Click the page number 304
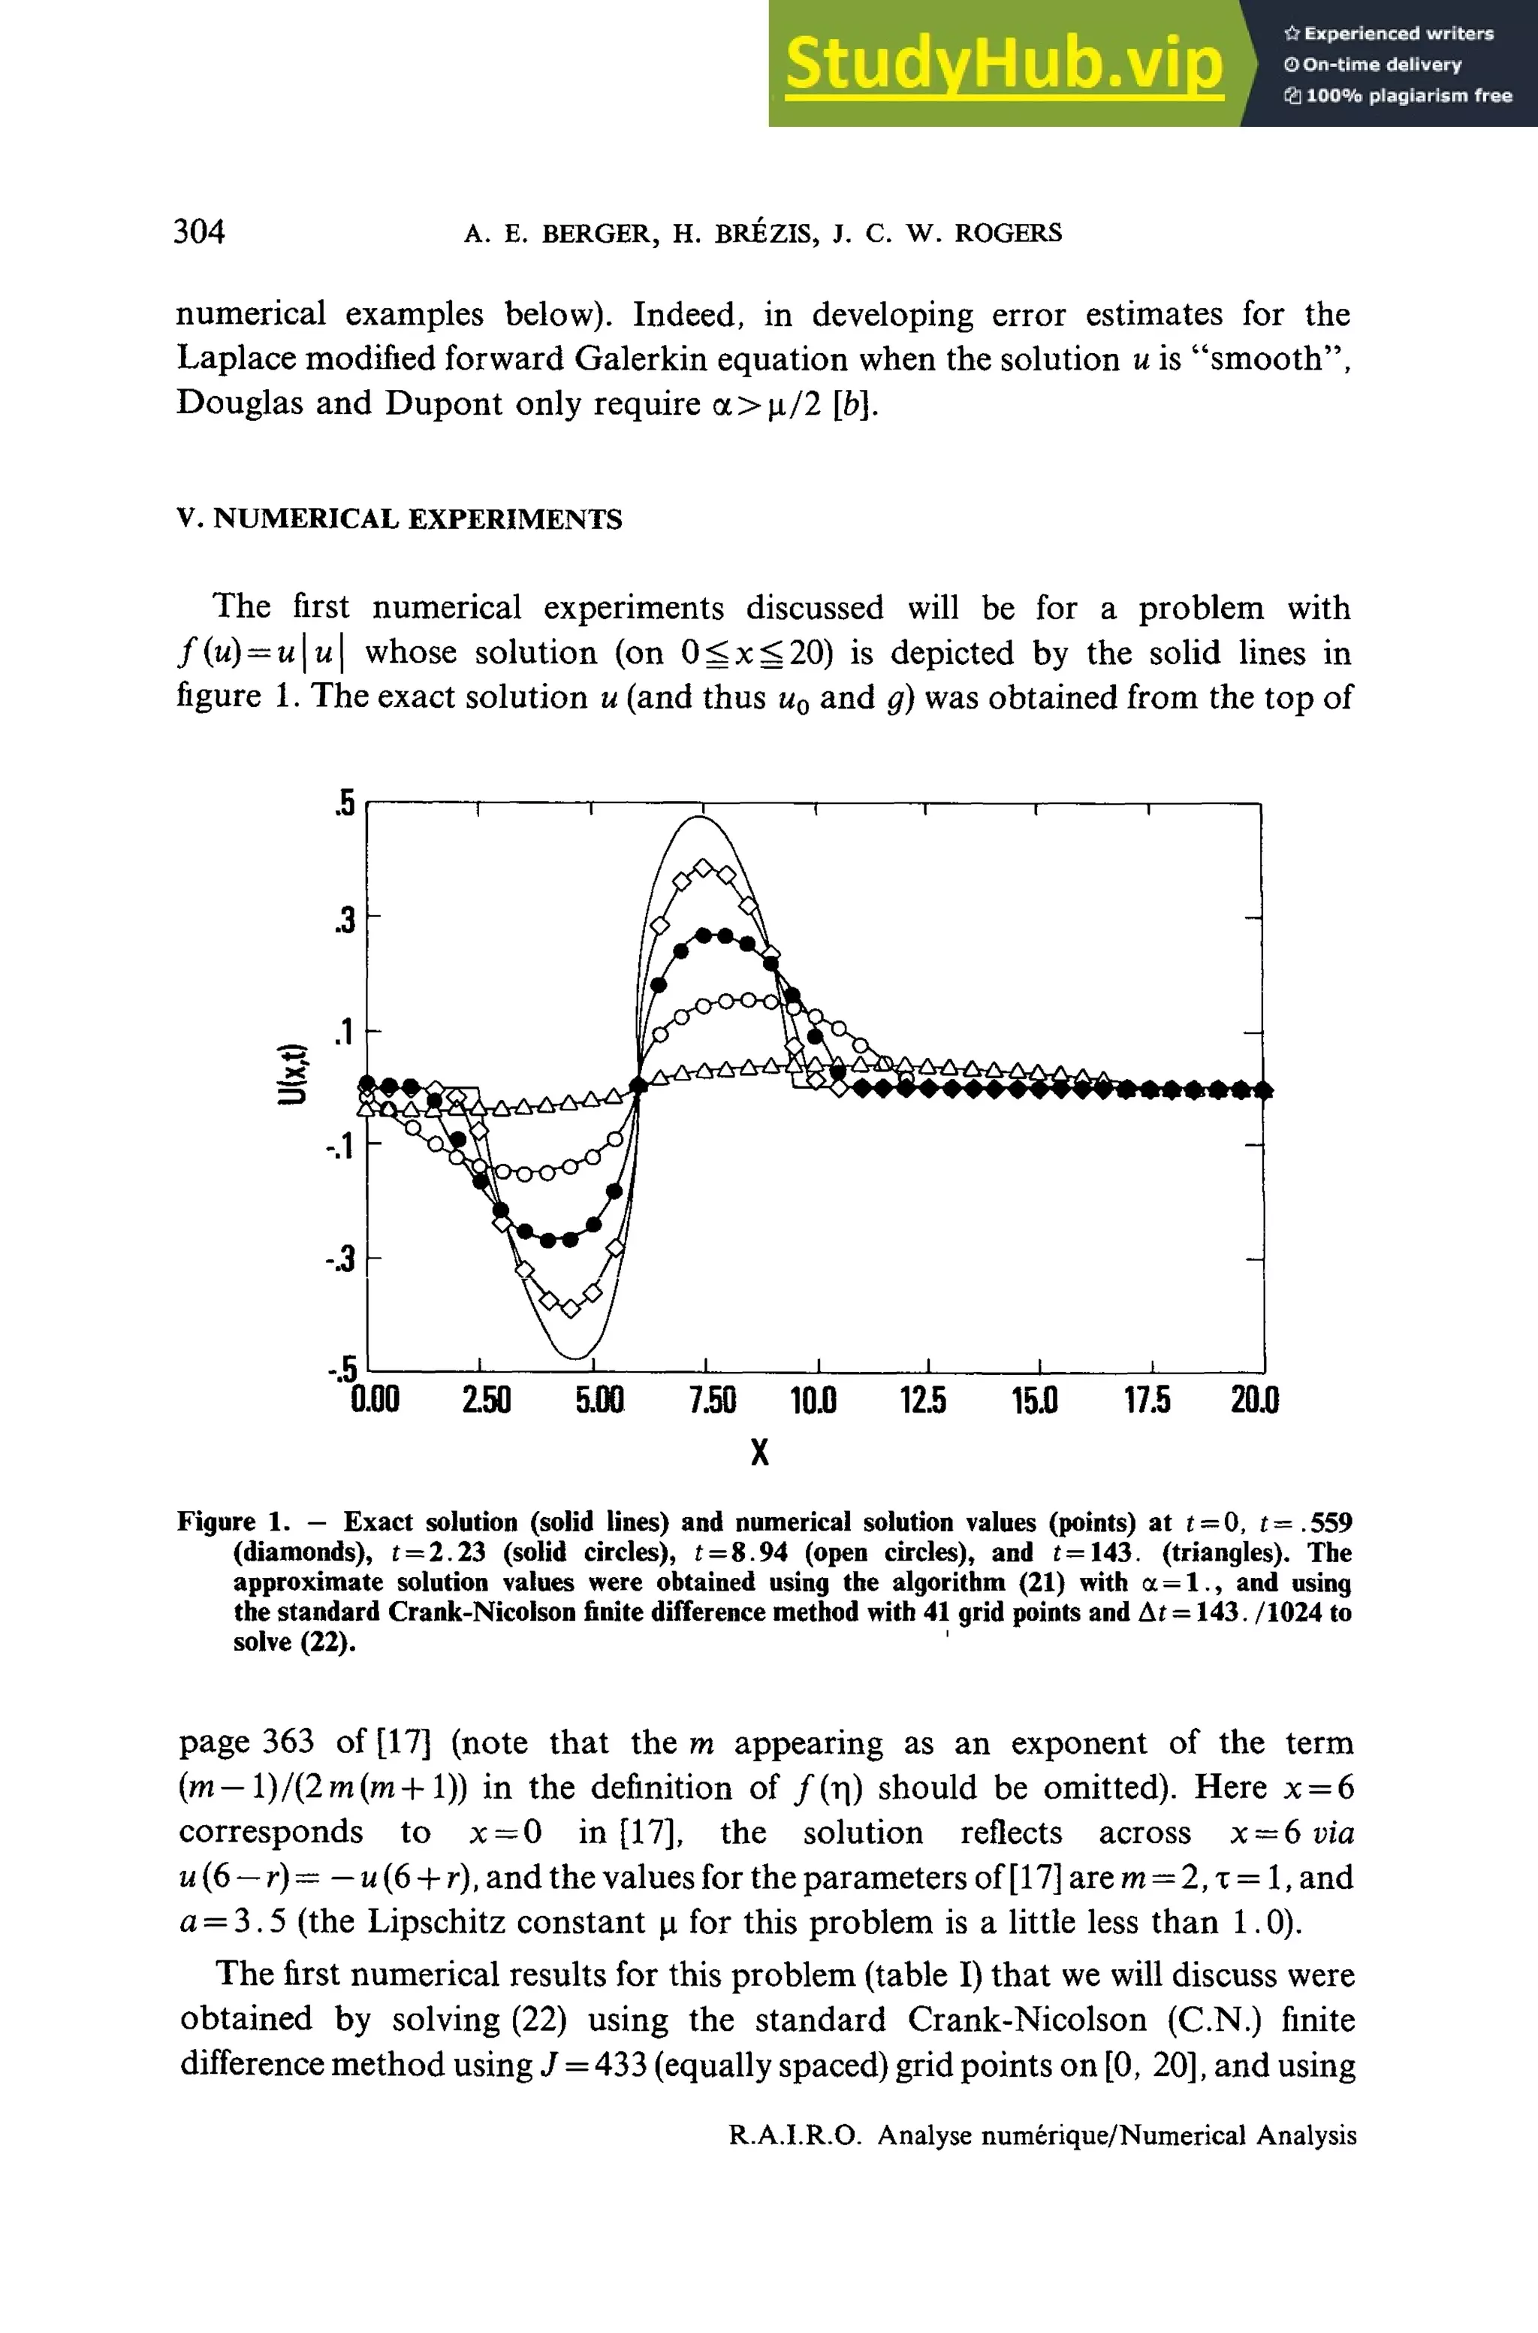click(x=199, y=231)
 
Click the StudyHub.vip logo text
click(x=1003, y=63)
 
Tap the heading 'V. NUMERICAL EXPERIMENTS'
click(x=400, y=519)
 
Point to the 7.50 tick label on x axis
click(x=712, y=1400)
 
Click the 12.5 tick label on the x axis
click(x=923, y=1400)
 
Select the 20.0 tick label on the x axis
click(x=1255, y=1400)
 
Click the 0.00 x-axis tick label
click(x=375, y=1400)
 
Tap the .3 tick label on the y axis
click(x=343, y=920)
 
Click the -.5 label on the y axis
click(x=342, y=1367)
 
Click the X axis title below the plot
click(x=759, y=1452)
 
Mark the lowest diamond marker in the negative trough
click(x=571, y=1309)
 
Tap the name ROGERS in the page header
click(x=1009, y=234)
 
